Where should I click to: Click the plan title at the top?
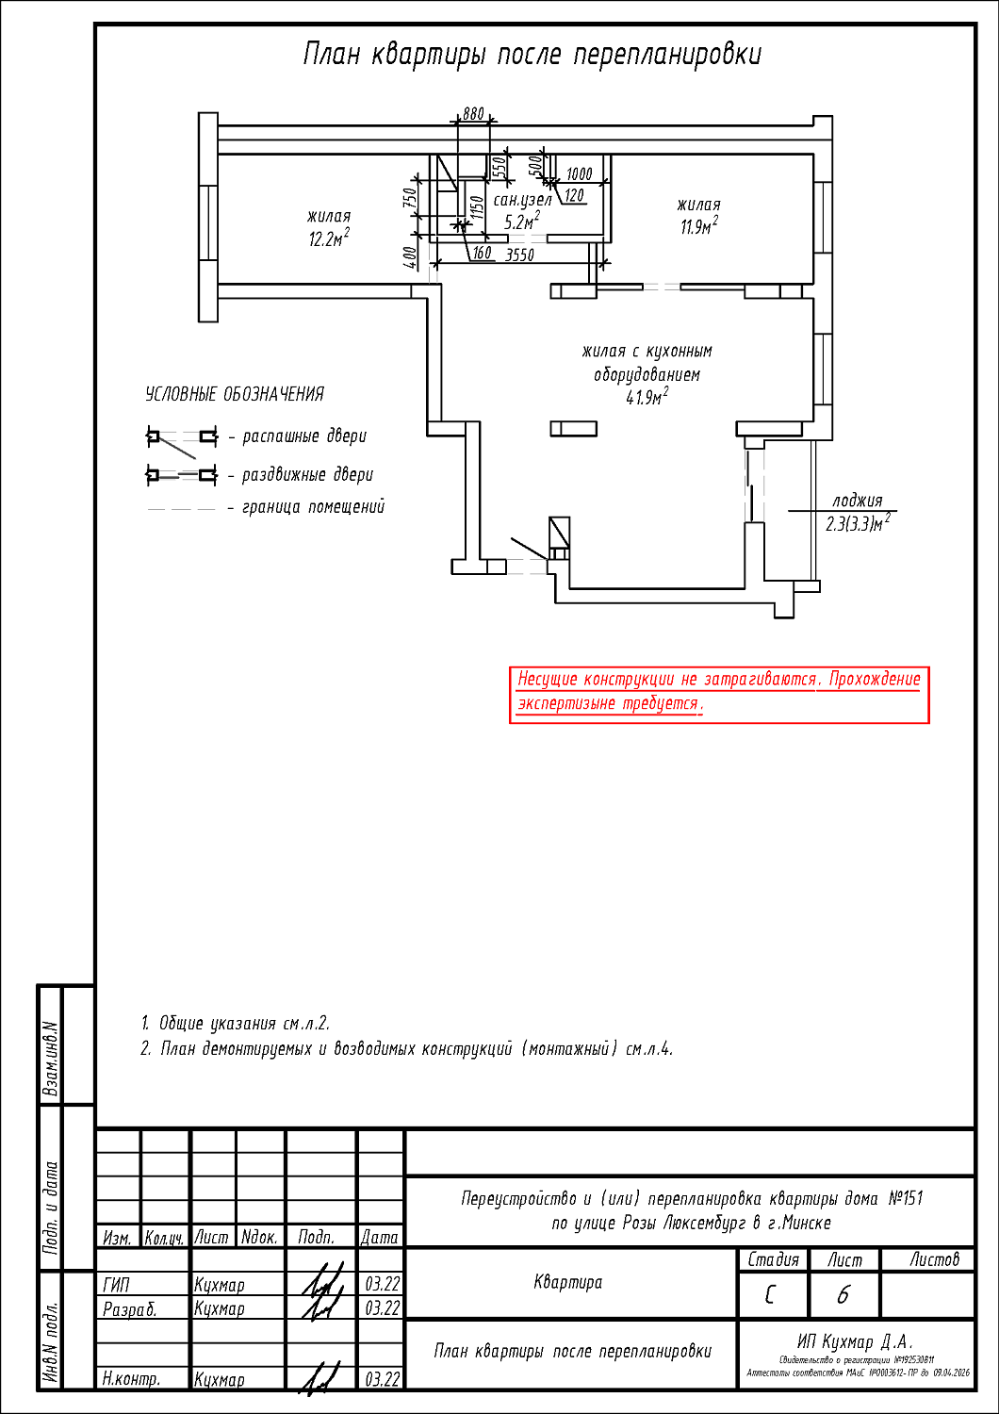coord(532,55)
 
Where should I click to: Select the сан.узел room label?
coord(522,201)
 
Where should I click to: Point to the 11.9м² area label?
coord(698,226)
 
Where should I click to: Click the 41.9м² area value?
coord(647,397)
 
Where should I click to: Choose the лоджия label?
coord(857,501)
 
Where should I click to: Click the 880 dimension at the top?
coord(472,114)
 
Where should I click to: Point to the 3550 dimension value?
coord(519,255)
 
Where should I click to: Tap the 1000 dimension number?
coord(579,174)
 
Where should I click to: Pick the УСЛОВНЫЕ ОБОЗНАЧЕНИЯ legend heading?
coord(235,394)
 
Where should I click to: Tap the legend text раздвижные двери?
coord(307,475)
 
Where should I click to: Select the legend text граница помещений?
coord(313,507)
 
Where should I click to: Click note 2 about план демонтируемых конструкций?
coord(407,1048)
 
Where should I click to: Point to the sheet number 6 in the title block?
coord(843,1295)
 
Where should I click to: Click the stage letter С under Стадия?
coord(771,1295)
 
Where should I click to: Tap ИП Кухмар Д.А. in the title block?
coord(855,1341)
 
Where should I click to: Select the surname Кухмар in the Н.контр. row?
coord(220,1379)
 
